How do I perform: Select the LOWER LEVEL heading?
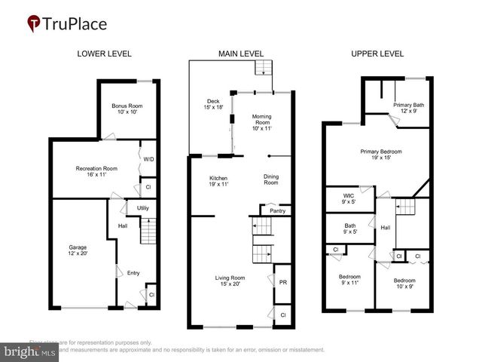(105, 54)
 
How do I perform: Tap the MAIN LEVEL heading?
(241, 54)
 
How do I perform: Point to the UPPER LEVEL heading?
(377, 54)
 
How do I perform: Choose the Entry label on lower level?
(133, 272)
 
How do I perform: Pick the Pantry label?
(278, 212)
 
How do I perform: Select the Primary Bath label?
(408, 108)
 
